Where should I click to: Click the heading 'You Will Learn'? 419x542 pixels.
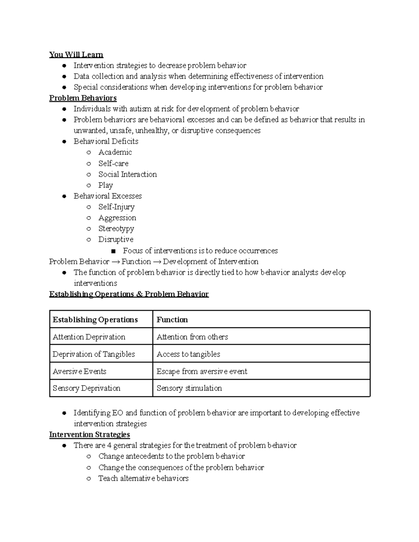(76, 54)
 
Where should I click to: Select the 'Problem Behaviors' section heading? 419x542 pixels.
(83, 98)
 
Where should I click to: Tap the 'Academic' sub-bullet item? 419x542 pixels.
(115, 152)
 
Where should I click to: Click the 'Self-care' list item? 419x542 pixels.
(113, 163)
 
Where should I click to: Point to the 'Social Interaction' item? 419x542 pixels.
(127, 174)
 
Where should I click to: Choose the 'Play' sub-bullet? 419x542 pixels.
(105, 185)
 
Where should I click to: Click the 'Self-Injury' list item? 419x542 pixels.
(116, 207)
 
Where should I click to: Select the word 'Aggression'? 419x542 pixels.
(117, 218)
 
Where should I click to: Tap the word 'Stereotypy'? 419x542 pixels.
(116, 229)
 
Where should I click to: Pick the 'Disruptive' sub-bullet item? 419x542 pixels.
(116, 239)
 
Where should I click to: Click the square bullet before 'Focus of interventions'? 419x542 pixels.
(113, 251)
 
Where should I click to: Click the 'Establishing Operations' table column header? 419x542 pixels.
(95, 320)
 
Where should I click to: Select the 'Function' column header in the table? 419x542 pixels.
(172, 320)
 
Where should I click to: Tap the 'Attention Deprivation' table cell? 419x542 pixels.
(89, 337)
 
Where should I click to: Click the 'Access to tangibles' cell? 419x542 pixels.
(188, 354)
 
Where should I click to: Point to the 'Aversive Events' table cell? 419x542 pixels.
(79, 371)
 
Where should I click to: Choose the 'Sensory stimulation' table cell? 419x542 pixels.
(189, 388)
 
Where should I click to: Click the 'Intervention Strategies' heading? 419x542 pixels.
(89, 435)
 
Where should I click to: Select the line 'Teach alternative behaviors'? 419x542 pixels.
(143, 478)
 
